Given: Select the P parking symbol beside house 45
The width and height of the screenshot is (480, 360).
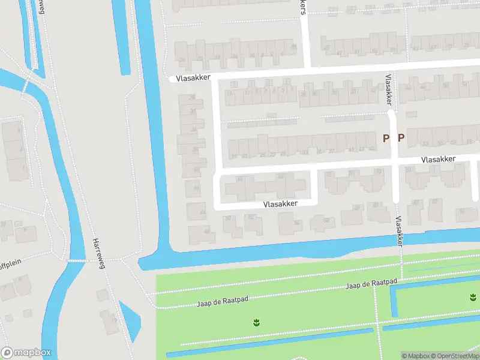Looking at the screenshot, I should (x=386, y=138).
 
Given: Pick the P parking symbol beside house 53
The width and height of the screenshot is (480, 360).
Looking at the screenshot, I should (x=401, y=138).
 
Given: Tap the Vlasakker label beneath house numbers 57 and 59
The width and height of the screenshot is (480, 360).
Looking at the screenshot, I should (x=438, y=160).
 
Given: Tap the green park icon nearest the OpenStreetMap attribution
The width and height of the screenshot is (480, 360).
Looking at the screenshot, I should (x=473, y=297).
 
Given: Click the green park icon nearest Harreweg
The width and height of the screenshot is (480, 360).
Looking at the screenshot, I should (x=257, y=323).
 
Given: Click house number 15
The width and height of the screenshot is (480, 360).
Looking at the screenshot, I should (x=229, y=93).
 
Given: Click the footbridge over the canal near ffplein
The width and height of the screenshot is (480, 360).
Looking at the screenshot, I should (x=76, y=260).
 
